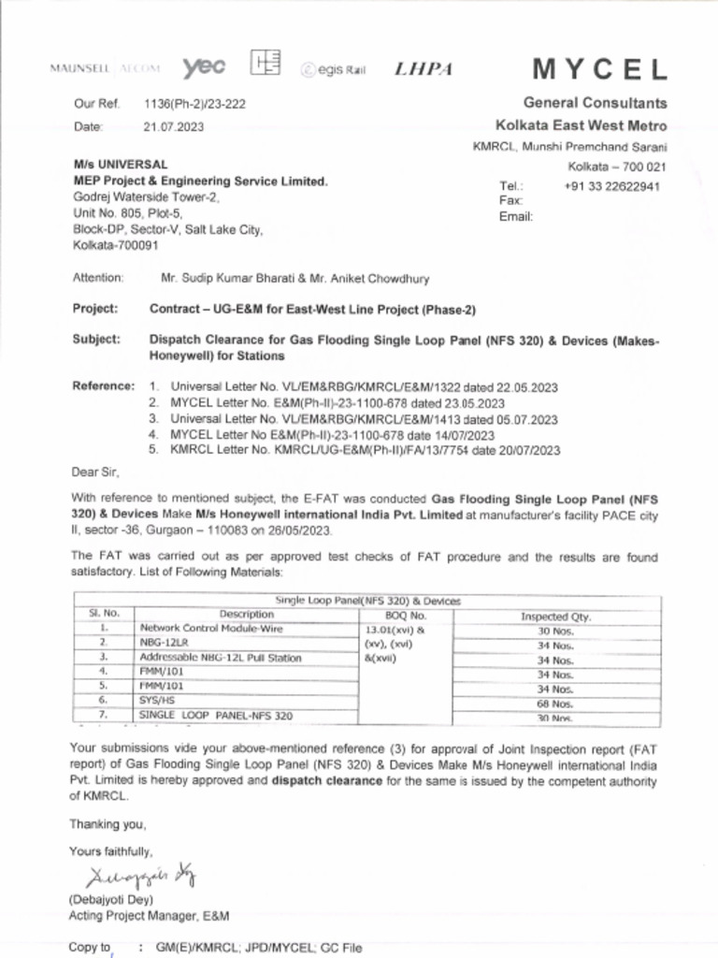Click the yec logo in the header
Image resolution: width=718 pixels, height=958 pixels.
coord(204,66)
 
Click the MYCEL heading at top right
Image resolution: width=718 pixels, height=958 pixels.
coord(599,69)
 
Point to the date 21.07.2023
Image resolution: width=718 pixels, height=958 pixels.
coord(173,126)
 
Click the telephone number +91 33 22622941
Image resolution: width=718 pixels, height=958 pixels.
coord(612,185)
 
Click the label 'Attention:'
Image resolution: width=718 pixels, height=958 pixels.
coord(98,278)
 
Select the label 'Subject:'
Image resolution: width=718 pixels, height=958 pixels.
coord(96,340)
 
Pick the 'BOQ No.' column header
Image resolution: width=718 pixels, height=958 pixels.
coord(405,616)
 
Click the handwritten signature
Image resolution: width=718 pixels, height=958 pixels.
coord(140,877)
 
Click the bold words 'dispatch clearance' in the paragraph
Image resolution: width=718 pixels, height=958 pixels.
coord(327,780)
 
